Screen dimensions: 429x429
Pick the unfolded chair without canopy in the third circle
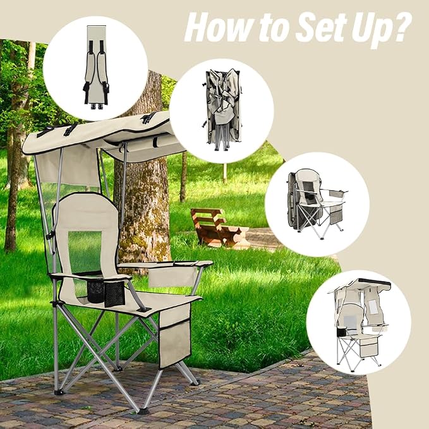click(x=317, y=204)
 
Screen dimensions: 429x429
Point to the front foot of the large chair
click(x=143, y=411)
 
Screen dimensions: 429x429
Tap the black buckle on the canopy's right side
click(x=148, y=118)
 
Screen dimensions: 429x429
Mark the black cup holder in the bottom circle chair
click(x=341, y=331)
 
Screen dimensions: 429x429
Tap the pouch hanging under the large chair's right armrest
click(x=172, y=277)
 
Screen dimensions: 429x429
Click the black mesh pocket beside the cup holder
click(x=114, y=294)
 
